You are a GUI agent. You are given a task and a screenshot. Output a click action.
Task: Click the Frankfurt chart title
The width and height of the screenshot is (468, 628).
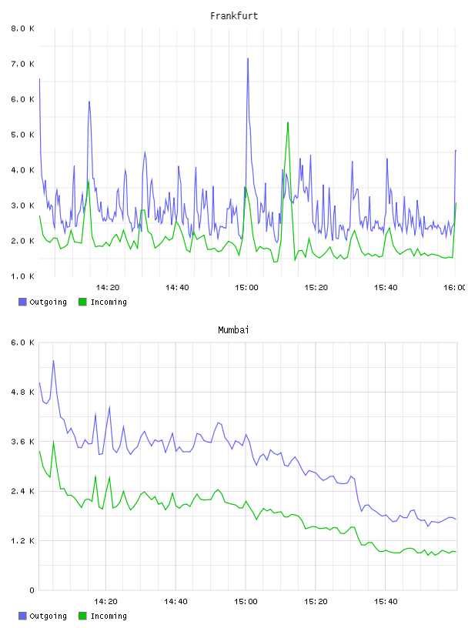tap(234, 16)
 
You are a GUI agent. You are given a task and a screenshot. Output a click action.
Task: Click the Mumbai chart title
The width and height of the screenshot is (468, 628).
tap(233, 330)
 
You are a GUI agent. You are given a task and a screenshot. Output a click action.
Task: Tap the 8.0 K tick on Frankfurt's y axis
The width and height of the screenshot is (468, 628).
tap(23, 28)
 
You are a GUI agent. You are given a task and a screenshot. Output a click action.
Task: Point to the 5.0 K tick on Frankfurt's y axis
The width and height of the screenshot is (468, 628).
tap(23, 135)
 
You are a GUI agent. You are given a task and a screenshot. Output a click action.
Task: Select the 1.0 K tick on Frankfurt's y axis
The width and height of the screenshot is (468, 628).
tap(23, 276)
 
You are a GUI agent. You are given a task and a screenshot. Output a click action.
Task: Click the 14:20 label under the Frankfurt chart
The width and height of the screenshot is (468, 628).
tap(108, 287)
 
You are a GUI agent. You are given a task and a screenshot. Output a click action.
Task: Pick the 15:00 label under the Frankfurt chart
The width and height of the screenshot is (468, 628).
tap(246, 287)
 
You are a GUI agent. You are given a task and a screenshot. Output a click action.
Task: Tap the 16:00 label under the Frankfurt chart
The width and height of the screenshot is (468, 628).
tap(455, 287)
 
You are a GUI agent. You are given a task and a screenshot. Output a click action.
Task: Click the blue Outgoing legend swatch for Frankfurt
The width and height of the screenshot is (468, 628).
tap(22, 302)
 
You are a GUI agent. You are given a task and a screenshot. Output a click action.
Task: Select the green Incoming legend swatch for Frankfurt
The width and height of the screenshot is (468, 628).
tap(82, 302)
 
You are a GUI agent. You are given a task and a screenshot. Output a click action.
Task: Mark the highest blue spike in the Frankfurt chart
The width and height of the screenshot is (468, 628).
tap(248, 58)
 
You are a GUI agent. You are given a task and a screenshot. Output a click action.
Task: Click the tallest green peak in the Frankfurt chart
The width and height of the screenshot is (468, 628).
tap(288, 123)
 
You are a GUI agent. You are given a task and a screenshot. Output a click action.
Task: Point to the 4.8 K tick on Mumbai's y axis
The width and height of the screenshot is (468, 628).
tap(23, 392)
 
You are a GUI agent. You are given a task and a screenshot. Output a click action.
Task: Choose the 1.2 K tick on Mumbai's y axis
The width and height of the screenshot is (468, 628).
tap(23, 541)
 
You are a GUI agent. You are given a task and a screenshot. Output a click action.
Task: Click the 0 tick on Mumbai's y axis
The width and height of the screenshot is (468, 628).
tap(32, 590)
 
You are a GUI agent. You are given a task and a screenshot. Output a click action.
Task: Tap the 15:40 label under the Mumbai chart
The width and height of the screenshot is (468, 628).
tap(386, 601)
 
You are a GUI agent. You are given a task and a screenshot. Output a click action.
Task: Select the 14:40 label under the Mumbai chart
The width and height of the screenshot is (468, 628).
tap(175, 601)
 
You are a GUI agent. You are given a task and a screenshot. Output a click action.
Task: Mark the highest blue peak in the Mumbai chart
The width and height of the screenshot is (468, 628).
tap(53, 361)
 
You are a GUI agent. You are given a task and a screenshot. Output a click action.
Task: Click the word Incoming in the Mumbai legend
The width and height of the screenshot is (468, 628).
tap(109, 616)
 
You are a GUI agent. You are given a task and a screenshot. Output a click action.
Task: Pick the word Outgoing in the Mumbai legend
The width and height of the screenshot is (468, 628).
tap(48, 616)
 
